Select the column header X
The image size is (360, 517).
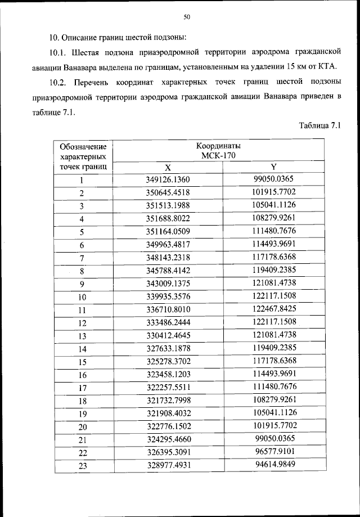pos(167,167)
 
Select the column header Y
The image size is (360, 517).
pos(274,167)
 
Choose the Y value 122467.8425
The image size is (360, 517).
pos(274,309)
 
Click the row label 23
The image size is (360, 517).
pos(82,465)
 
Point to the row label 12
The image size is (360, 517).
pos(82,323)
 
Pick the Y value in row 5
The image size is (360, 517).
pos(274,231)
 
